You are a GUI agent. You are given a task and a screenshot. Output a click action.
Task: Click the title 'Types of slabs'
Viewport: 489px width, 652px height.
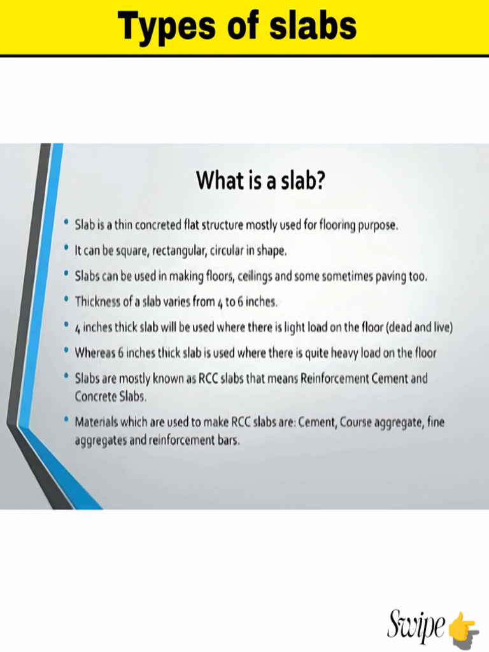click(237, 27)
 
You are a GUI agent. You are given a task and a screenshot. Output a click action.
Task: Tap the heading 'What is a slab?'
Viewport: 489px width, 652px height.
click(261, 180)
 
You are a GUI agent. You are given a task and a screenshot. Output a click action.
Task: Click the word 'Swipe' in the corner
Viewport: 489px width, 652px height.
click(416, 625)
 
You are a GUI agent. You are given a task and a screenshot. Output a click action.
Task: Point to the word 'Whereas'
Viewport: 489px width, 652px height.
click(94, 352)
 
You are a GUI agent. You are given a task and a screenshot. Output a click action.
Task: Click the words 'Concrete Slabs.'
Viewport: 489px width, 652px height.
click(111, 396)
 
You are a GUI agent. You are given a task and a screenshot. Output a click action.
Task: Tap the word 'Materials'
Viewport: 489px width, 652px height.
click(97, 422)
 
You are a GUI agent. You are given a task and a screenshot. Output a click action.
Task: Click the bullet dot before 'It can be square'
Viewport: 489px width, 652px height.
click(67, 249)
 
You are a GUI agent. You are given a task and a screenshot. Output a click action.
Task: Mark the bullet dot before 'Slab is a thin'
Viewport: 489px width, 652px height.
click(67, 223)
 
